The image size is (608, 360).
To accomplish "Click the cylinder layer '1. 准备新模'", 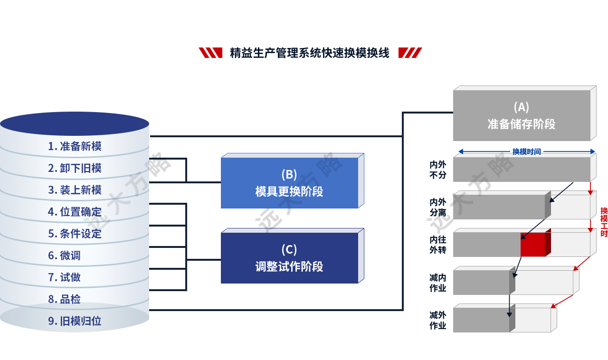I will (x=75, y=146).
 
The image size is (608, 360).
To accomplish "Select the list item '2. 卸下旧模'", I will (x=75, y=168).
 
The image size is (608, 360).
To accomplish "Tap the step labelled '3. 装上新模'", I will (x=75, y=190).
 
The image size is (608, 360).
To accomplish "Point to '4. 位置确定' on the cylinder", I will (x=75, y=212).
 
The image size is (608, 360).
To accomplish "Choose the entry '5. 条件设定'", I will (x=75, y=234).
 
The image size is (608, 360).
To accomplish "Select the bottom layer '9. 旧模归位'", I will (x=75, y=321).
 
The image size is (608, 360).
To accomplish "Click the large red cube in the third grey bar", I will (x=533, y=245).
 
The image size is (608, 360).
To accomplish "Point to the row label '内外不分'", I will (x=438, y=170).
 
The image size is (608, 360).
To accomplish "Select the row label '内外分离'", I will (x=438, y=207).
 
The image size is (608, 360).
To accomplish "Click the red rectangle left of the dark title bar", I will (x=210, y=53).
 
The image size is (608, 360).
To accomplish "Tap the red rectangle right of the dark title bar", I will (x=409, y=53).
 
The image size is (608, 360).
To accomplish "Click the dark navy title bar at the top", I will (x=309, y=53).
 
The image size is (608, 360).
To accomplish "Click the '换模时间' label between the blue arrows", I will (x=526, y=152).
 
